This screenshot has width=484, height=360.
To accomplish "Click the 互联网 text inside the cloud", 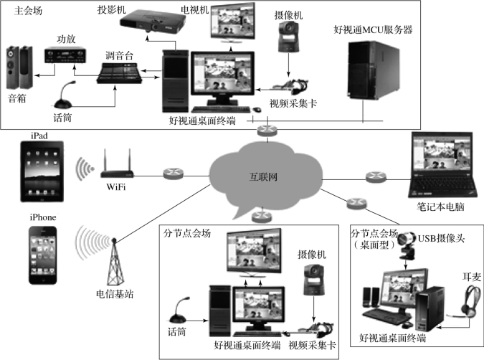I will click(262, 176).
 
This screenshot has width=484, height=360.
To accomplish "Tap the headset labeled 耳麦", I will click(471, 298).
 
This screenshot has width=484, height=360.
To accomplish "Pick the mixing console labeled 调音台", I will click(118, 73).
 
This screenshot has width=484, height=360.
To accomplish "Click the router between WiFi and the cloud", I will click(172, 173).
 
